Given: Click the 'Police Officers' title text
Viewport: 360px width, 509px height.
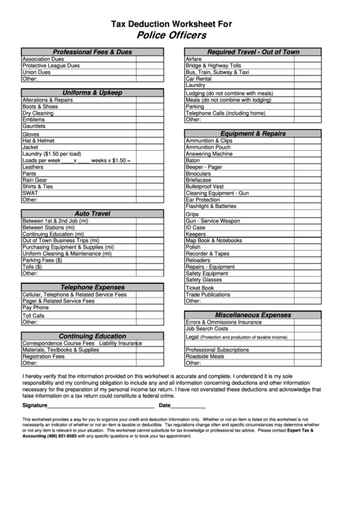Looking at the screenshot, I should [x=171, y=35].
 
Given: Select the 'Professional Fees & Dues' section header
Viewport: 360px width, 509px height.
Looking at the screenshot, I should [x=92, y=52].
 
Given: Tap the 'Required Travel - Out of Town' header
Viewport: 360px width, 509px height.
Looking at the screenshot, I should [x=253, y=52].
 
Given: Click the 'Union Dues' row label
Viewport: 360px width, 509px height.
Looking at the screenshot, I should [x=36, y=72].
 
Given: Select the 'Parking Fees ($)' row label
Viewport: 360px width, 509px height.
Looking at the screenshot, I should [x=42, y=260].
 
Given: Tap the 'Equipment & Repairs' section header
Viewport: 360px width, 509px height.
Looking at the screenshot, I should [x=253, y=133].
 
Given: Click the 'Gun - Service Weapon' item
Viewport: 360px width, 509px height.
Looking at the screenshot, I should [x=213, y=221].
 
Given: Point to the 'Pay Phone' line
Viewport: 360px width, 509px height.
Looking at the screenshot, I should [x=36, y=307].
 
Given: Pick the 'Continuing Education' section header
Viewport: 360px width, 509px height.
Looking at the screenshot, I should [x=92, y=336].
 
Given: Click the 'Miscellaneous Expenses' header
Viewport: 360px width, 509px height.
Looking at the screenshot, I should [x=253, y=315].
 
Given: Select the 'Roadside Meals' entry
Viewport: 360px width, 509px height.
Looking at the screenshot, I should [x=204, y=356].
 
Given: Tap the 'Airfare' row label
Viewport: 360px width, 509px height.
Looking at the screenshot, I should [x=194, y=59].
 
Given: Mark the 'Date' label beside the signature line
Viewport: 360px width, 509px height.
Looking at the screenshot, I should [x=164, y=405].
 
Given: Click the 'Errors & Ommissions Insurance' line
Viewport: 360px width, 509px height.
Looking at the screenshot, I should [x=223, y=322].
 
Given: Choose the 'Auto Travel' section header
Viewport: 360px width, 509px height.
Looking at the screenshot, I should [x=92, y=213].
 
